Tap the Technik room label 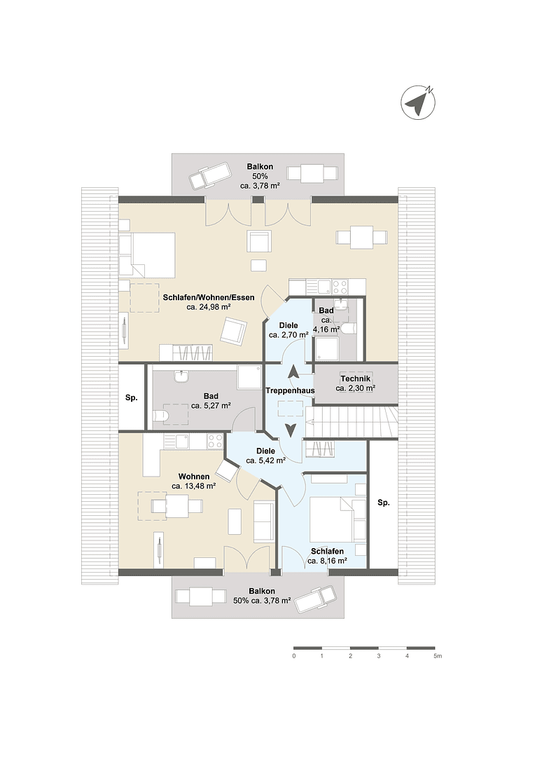[x=355, y=378]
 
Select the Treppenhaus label [x=289, y=390]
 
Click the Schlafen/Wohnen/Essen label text [x=209, y=297]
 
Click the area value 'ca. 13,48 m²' [x=193, y=485]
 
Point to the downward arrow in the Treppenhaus [x=289, y=430]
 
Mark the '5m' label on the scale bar [x=437, y=657]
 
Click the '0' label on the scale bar [x=293, y=657]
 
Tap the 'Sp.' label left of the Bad [x=131, y=397]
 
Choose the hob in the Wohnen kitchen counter [x=215, y=442]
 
